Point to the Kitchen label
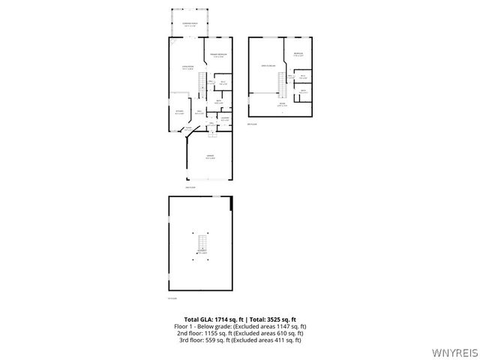point(178,112)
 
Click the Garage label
point(211,157)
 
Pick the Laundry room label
point(223,117)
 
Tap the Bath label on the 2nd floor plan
point(219,101)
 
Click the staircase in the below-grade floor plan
point(201,244)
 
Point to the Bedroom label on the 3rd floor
point(298,54)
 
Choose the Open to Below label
point(267,66)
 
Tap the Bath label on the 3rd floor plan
point(303,91)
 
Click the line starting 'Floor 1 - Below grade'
point(239,326)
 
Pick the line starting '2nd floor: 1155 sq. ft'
point(239,333)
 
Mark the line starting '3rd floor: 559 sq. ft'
point(239,340)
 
